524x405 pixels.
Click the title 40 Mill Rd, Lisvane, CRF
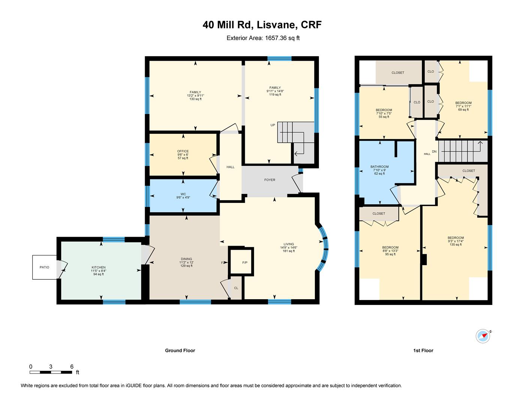pos(262,25)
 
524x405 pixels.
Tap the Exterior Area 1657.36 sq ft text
pos(263,38)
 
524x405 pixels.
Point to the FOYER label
pos(269,180)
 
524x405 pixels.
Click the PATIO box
pos(45,267)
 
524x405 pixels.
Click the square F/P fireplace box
pos(241,261)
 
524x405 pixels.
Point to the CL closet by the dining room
pos(236,288)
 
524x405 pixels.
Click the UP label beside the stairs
pos(273,125)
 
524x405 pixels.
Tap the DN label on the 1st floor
pos(434,151)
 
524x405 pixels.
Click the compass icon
pos(483,336)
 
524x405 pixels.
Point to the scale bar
pos(51,372)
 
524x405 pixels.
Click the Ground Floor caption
pos(180,351)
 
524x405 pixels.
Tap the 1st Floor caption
pos(423,351)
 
